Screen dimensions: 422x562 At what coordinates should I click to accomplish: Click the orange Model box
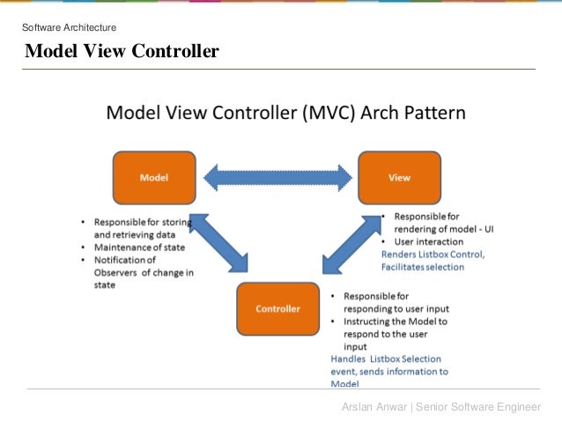click(x=154, y=177)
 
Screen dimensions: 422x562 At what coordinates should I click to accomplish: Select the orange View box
click(x=399, y=177)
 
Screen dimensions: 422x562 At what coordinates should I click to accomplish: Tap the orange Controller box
click(x=277, y=309)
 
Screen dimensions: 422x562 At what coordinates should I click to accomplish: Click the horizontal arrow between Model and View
click(x=277, y=178)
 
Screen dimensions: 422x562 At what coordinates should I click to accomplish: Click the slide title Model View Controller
click(x=122, y=52)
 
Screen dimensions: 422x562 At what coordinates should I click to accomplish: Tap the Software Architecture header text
click(x=69, y=28)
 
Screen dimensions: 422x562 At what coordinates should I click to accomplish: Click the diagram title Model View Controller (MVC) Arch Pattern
click(x=286, y=114)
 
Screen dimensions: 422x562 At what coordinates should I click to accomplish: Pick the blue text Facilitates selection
click(x=422, y=267)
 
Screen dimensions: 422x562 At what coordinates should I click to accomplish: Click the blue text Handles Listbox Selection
click(x=386, y=359)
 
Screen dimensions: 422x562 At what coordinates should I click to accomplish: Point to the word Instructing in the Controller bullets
click(x=368, y=322)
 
